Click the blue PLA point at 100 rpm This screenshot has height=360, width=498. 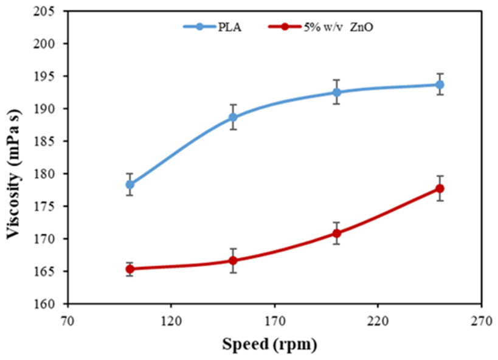(x=130, y=185)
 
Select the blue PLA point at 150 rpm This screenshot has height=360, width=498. (x=233, y=117)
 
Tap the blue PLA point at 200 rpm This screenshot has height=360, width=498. (x=337, y=92)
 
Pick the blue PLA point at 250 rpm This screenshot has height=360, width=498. (x=440, y=85)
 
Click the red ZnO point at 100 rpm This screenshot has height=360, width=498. (x=130, y=269)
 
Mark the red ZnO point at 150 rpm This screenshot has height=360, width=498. (x=233, y=260)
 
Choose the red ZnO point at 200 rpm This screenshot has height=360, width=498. (x=337, y=234)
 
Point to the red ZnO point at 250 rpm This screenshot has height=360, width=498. (x=440, y=189)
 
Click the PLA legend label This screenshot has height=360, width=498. (x=230, y=27)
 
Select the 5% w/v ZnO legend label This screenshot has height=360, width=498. (x=339, y=27)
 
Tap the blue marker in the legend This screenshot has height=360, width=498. (x=199, y=27)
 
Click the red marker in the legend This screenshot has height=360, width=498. (x=285, y=27)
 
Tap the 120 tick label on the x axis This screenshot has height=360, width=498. (x=171, y=321)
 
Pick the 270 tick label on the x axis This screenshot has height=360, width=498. (x=482, y=321)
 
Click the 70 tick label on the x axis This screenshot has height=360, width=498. (x=67, y=321)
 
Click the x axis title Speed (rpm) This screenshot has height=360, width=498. (x=269, y=345)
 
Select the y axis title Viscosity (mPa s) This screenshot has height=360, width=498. (x=14, y=174)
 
